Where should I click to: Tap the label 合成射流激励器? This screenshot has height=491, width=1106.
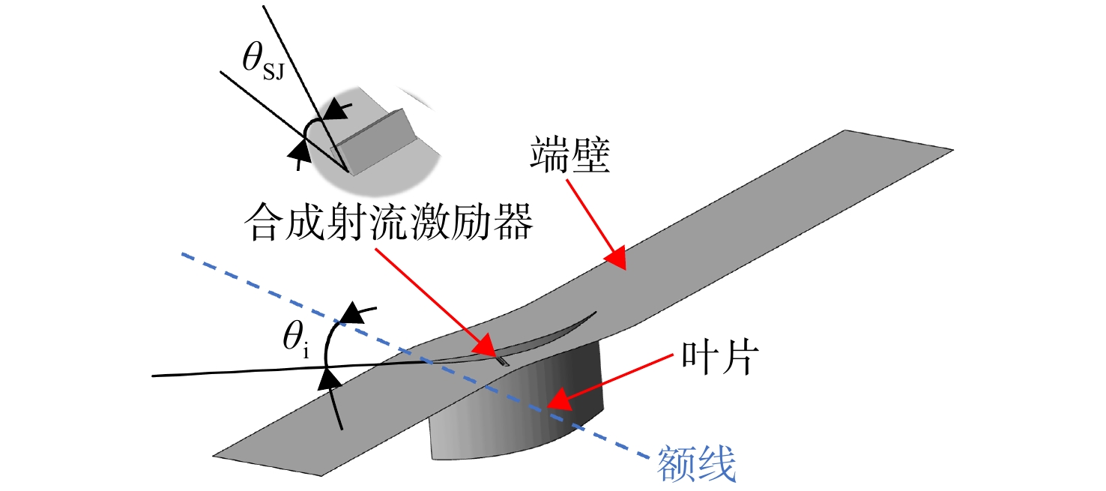389,223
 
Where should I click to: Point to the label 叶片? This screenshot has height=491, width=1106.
719,357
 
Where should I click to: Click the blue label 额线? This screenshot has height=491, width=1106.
696,463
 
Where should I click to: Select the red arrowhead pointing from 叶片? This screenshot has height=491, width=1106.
559,399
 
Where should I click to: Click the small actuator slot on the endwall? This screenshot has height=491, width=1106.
503,362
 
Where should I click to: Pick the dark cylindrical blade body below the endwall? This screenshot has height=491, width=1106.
519,410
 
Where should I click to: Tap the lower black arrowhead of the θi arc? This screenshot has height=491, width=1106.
330,379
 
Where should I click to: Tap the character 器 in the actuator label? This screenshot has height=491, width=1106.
513,223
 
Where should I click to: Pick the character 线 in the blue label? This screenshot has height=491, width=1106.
717,463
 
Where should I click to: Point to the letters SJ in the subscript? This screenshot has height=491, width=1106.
274,73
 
